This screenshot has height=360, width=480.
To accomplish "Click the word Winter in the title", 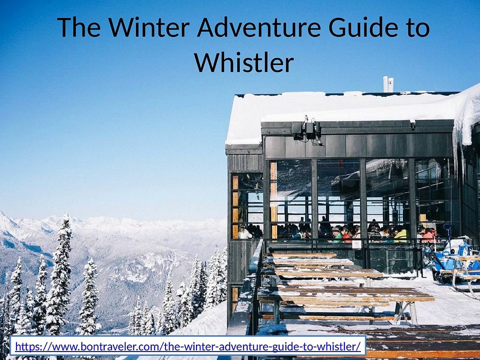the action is [149, 27].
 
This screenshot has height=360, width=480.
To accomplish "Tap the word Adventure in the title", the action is [258, 27].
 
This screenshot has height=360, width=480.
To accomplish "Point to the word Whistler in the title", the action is [244, 62].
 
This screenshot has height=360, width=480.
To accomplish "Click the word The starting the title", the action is [79, 27].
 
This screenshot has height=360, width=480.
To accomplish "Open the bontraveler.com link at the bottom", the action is [188, 346].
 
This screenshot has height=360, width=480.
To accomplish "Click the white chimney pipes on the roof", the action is [388, 84].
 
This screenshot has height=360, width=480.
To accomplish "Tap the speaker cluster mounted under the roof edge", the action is [306, 130].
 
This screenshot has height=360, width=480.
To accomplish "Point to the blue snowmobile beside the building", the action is [450, 260].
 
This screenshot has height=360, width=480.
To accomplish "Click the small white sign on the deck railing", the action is [356, 244].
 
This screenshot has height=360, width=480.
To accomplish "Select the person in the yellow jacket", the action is [401, 235].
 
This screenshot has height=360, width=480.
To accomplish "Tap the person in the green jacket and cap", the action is [336, 235].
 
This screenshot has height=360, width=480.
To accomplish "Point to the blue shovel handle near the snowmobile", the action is [448, 231].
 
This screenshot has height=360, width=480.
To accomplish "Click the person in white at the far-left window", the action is [244, 233].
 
